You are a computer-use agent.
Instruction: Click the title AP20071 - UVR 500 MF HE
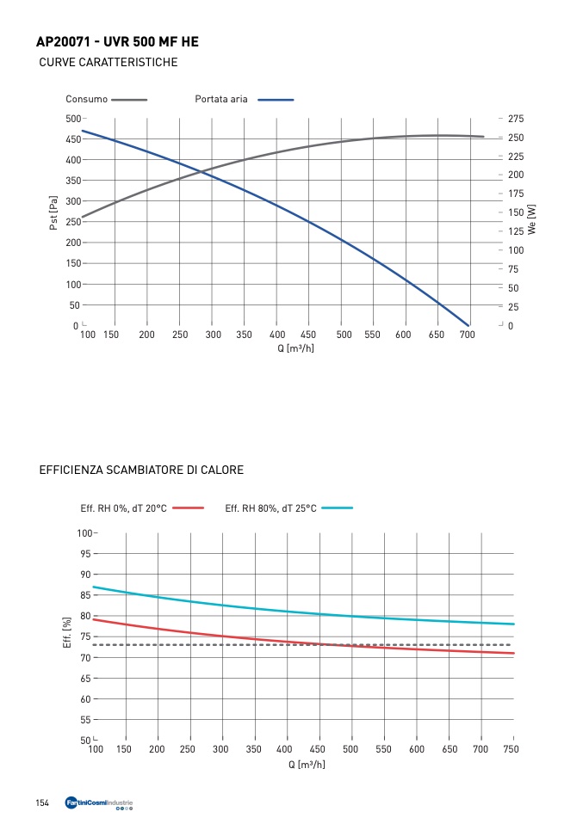119,42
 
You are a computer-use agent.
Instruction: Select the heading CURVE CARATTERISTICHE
109,63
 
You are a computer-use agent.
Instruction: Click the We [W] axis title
531,219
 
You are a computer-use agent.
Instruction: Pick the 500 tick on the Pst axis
72,119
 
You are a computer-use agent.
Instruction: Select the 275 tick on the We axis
515,119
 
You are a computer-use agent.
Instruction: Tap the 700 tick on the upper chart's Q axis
466,335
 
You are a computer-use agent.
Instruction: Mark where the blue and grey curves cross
201,172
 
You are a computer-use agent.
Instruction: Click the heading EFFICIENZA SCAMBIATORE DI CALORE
141,470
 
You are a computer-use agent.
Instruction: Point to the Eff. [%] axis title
66,633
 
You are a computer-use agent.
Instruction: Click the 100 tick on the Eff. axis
84,533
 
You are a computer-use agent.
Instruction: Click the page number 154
42,803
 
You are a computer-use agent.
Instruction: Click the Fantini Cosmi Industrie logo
99,804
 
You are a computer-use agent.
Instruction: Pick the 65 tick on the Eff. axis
86,679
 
